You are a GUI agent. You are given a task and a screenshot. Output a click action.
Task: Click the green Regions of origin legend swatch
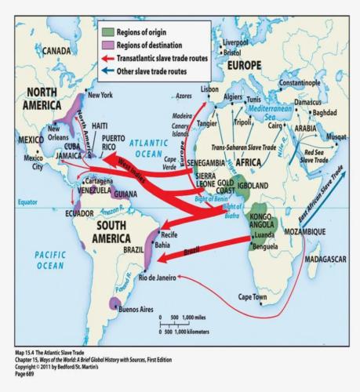pyautogui.click(x=109, y=31)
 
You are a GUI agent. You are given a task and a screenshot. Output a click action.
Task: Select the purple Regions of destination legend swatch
pyautogui.click(x=109, y=44)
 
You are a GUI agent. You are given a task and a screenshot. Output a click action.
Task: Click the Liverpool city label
pyautogui.click(x=235, y=42)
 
